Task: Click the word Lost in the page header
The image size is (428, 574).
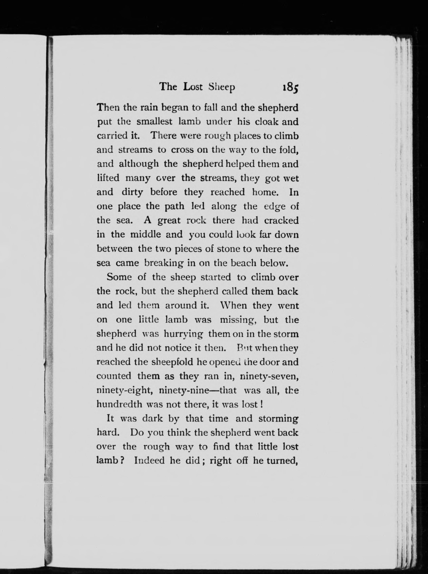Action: [193, 87]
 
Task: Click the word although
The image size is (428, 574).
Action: [139, 164]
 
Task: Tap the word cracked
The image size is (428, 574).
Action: [281, 220]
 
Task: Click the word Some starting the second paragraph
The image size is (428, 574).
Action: [119, 277]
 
